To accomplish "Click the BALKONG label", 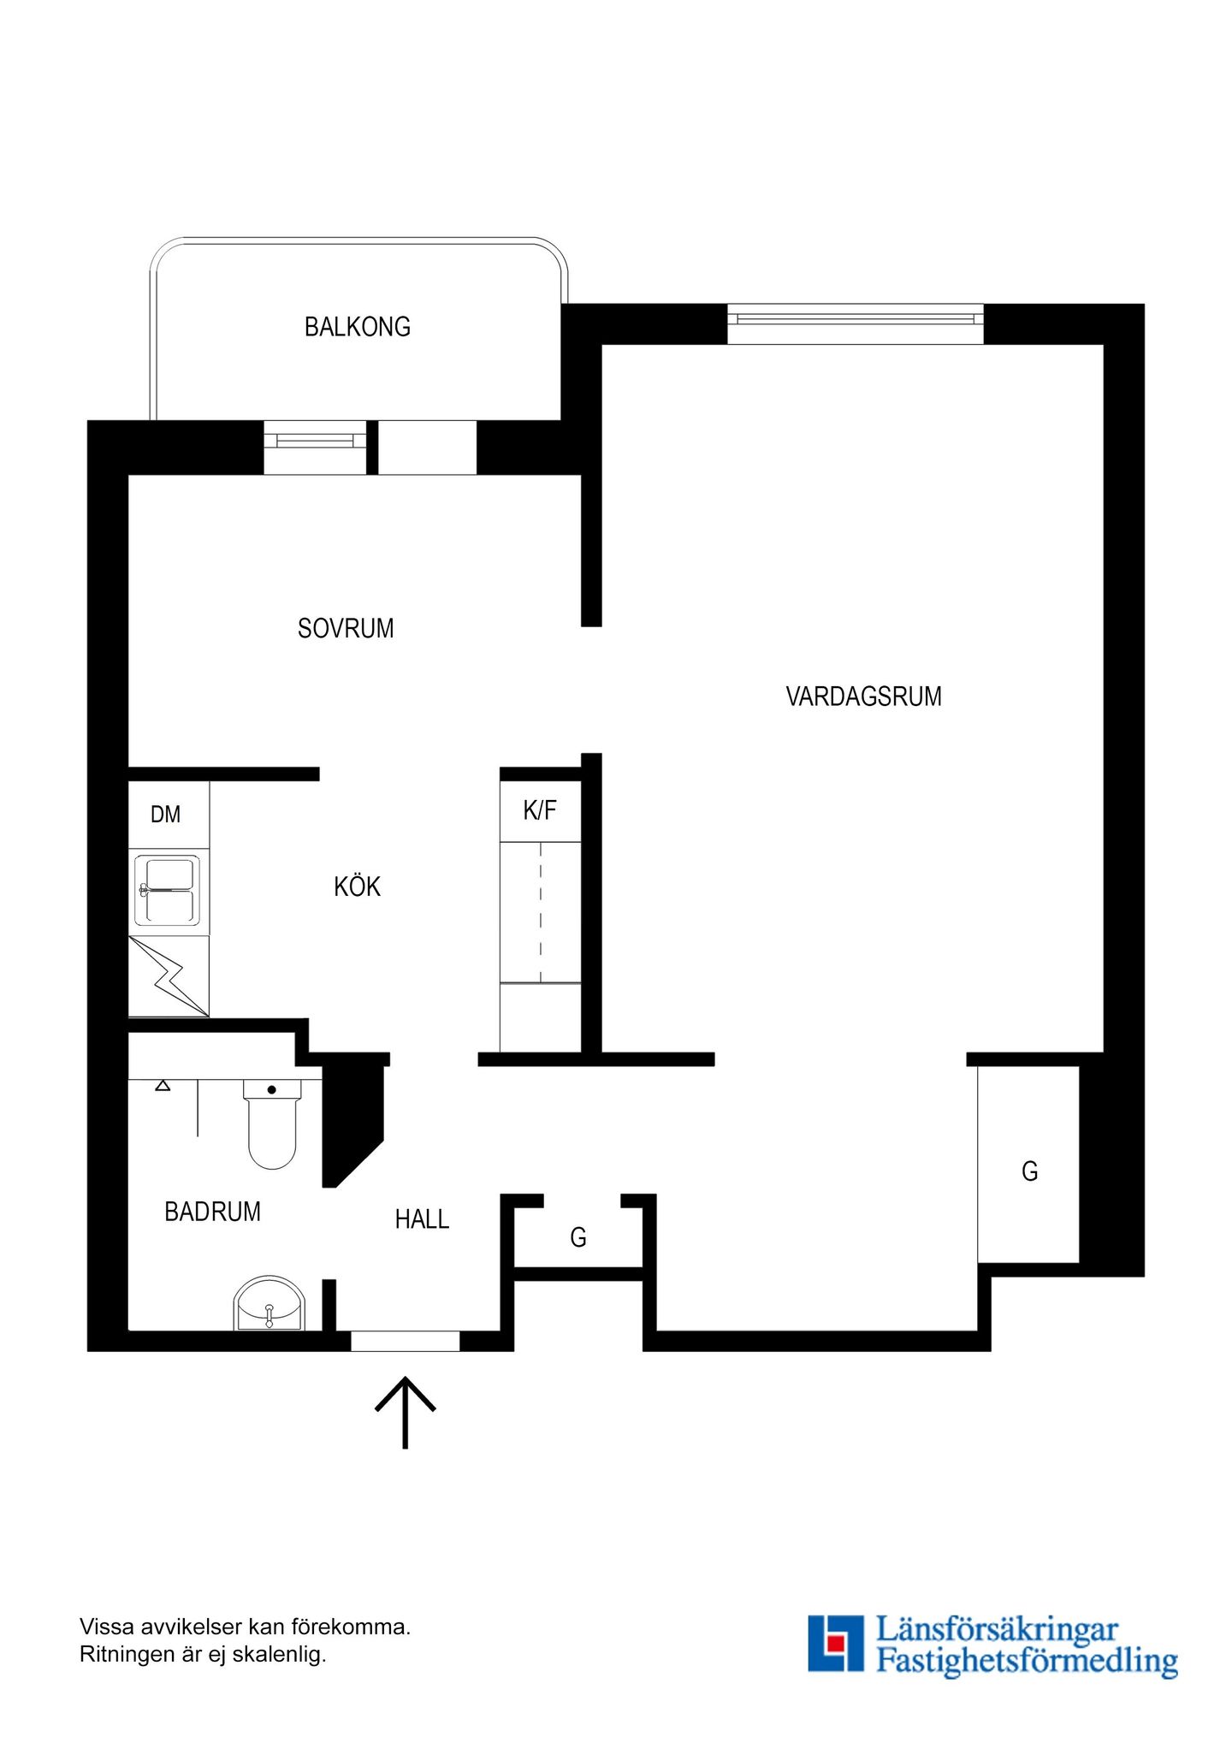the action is click(358, 327).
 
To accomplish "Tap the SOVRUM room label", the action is click(346, 629).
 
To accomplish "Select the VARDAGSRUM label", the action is click(864, 697).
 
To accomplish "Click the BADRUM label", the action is click(212, 1212).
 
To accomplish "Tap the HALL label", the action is click(422, 1219).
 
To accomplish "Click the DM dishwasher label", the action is click(166, 815).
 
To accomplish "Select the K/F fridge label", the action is click(540, 809).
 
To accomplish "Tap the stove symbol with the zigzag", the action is click(169, 976).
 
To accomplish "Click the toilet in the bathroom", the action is click(272, 1123).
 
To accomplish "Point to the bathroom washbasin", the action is click(269, 1304).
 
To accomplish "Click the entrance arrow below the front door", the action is click(406, 1412).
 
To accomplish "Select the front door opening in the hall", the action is click(406, 1341).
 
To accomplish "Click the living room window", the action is click(856, 323).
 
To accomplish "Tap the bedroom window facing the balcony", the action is click(315, 447).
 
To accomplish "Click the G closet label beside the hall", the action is click(578, 1237).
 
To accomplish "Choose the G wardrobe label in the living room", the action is click(1030, 1171).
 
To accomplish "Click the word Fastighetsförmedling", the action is click(1027, 1661).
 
